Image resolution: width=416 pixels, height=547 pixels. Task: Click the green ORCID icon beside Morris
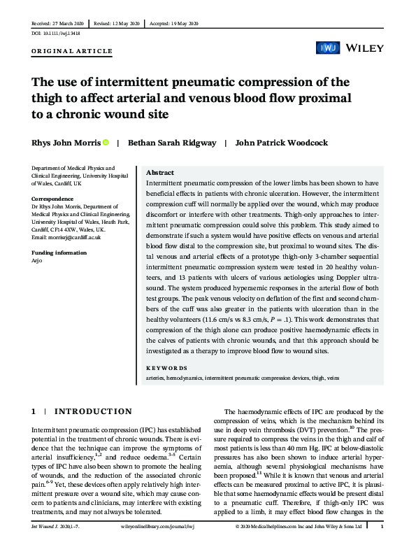pyautogui.click(x=106, y=143)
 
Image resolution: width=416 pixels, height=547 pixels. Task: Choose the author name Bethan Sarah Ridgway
pyautogui.click(x=171, y=143)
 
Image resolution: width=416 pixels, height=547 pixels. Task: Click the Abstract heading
pyautogui.click(x=160, y=173)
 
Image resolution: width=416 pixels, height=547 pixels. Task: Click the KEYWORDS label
pyautogui.click(x=166, y=367)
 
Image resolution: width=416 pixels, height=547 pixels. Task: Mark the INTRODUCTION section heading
pyautogui.click(x=92, y=412)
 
